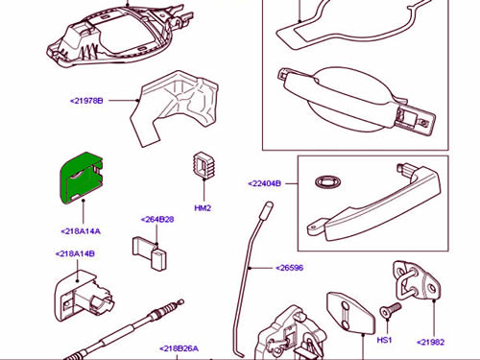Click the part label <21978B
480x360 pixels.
(86, 101)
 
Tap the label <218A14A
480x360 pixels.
(81, 231)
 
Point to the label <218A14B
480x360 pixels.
(75, 253)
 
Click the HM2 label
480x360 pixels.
(203, 208)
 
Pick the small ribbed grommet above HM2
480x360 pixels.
(204, 165)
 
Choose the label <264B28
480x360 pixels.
(157, 220)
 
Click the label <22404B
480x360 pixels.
(265, 183)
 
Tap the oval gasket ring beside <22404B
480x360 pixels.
(327, 182)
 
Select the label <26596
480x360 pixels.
(289, 268)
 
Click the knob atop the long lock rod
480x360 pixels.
(266, 210)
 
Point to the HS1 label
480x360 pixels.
(384, 340)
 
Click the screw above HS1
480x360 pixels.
(390, 310)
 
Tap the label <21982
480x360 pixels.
(431, 342)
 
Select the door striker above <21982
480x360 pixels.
(417, 281)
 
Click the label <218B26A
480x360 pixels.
(180, 348)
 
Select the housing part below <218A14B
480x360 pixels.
(84, 296)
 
